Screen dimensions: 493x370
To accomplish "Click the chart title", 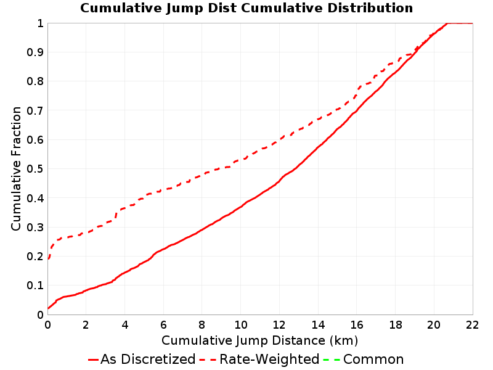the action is coord(246,8).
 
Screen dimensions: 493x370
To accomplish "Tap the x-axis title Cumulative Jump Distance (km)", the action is coord(259,340).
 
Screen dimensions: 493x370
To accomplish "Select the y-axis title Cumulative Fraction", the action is coord(16,168).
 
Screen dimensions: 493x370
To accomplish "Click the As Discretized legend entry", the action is coord(142,359).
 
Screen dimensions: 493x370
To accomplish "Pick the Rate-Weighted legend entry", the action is coord(259,359).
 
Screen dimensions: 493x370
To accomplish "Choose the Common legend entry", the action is coord(364,359).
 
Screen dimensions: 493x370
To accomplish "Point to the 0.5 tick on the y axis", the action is coord(35,169).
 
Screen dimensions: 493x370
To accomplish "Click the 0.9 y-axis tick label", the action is coord(35,52).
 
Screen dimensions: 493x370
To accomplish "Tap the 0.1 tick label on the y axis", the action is coord(35,286).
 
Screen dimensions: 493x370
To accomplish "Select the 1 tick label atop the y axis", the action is coord(40,23).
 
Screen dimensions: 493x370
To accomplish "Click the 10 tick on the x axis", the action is coord(240,325).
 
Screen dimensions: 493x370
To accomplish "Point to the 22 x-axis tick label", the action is coord(472,325).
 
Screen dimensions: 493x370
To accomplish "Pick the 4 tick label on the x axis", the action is coord(125,325).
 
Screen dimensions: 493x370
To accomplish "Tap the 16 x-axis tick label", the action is coord(357,325).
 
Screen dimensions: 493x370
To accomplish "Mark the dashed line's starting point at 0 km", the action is coord(48,259).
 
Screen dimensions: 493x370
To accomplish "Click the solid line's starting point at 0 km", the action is coord(48,308).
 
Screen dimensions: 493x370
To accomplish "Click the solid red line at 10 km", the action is coord(240,207).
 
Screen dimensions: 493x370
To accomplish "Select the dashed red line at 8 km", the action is coord(202,175).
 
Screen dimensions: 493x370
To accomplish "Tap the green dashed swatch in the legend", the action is coord(332,360).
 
